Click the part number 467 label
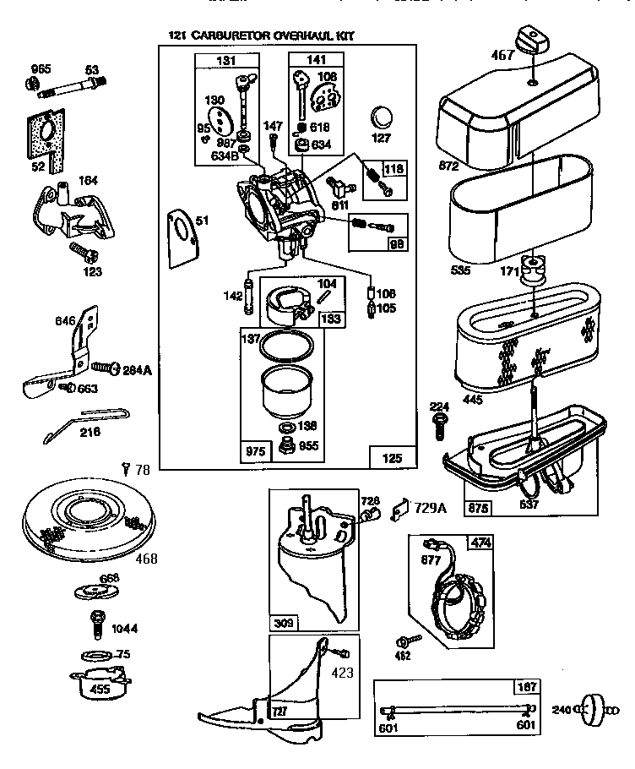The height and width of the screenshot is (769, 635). [x=502, y=56]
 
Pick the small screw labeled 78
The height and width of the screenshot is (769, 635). [x=126, y=467]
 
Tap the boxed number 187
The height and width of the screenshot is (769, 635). [x=528, y=687]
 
